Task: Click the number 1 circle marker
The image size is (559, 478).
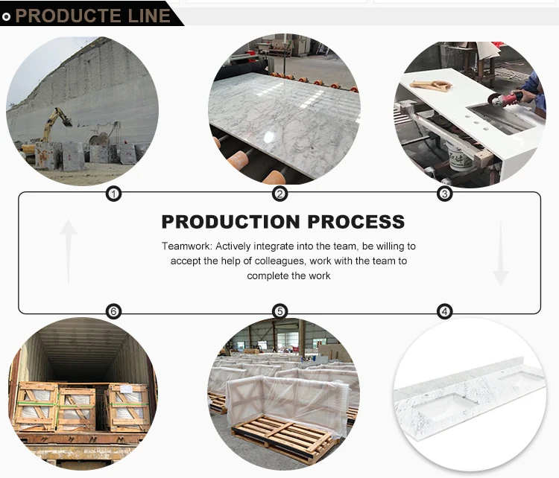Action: tap(113, 194)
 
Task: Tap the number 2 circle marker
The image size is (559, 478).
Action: tap(280, 194)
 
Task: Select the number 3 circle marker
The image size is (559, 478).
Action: tap(445, 194)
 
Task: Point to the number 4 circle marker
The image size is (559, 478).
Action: tap(445, 311)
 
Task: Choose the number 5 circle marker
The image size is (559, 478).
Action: tap(280, 311)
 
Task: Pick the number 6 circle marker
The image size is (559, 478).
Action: tap(113, 311)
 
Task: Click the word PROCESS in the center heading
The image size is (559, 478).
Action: tap(356, 222)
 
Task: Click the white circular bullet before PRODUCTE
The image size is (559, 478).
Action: tap(7, 16)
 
